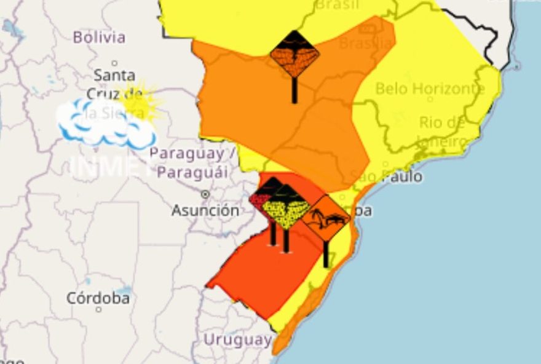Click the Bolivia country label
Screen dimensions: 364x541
pyautogui.click(x=99, y=37)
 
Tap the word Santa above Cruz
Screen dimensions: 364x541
pyautogui.click(x=114, y=76)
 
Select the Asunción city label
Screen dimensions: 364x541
pyautogui.click(x=205, y=210)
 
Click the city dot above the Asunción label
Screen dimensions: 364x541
pyautogui.click(x=205, y=194)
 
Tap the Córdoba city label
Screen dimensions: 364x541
pyautogui.click(x=98, y=298)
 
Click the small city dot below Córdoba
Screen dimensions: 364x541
pyautogui.click(x=98, y=309)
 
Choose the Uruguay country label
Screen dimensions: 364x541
pyautogui.click(x=237, y=339)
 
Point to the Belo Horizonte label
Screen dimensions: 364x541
pyautogui.click(x=430, y=89)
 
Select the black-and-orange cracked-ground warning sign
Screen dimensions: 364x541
pyautogui.click(x=294, y=55)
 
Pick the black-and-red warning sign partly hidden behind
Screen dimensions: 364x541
pyautogui.click(x=261, y=198)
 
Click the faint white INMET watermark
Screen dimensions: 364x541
pyautogui.click(x=111, y=166)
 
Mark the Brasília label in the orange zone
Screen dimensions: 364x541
pyautogui.click(x=366, y=43)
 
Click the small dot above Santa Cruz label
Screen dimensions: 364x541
pyautogui.click(x=114, y=63)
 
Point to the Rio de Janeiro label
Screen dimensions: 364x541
pyautogui.click(x=441, y=132)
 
